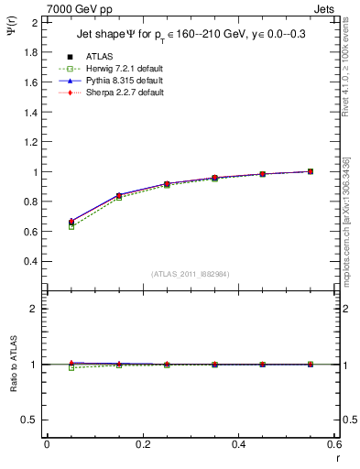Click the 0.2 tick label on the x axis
point(143,444)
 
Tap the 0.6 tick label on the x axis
point(334,444)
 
